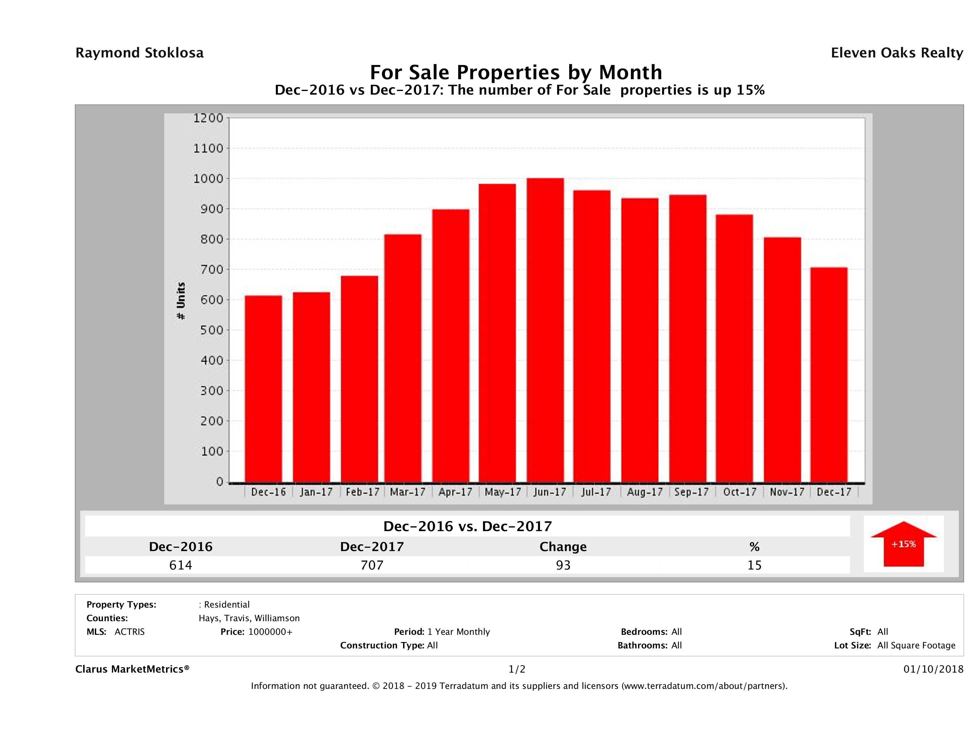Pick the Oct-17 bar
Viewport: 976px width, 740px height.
tap(734, 349)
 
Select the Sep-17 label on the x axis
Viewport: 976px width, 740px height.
tap(691, 492)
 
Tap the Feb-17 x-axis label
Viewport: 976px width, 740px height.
tap(362, 492)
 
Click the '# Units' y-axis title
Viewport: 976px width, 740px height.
tap(181, 301)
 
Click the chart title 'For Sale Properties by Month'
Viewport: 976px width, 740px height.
tap(516, 72)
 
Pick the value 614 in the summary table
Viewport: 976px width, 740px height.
tap(181, 565)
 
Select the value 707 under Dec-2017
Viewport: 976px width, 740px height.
tap(372, 565)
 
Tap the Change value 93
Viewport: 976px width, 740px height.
tap(563, 565)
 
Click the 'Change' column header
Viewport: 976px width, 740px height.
tap(563, 547)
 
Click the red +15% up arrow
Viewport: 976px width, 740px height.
tap(903, 544)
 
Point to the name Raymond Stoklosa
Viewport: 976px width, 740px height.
tap(139, 53)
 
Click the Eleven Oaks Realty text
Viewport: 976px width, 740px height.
tap(896, 53)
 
